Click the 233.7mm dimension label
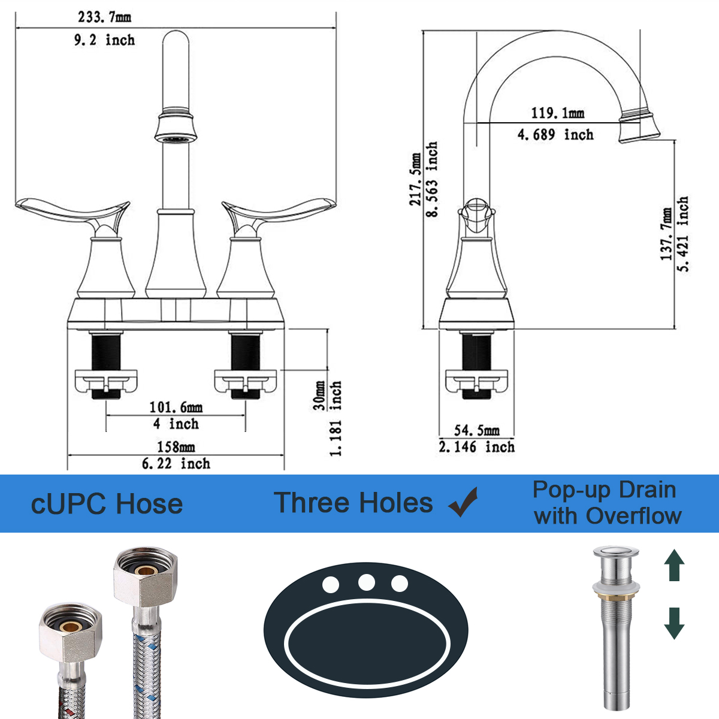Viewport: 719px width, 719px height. coord(104,17)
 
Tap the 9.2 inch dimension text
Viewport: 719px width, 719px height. coord(104,40)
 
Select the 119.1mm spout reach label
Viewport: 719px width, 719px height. coord(557,113)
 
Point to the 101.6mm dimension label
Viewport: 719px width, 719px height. coord(176,407)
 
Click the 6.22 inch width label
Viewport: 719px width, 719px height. coord(176,464)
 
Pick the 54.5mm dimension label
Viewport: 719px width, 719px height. coord(477,431)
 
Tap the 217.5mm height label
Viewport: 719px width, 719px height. coord(415,179)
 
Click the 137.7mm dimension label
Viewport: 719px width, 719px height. coord(666,234)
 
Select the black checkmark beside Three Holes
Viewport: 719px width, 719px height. coord(463,502)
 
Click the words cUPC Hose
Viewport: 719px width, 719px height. coord(107,504)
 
